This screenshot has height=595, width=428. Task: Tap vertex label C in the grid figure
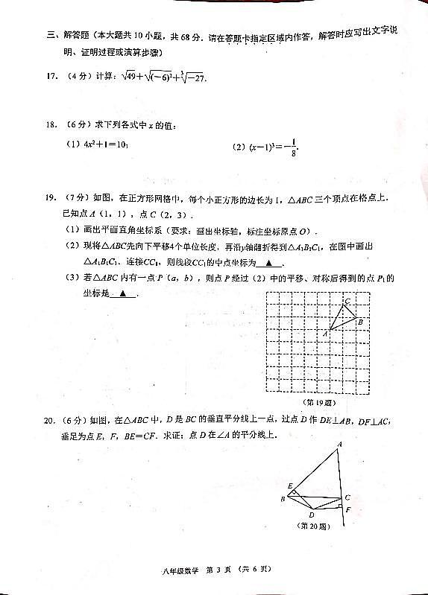[x=347, y=301]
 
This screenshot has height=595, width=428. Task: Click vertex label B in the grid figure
[x=359, y=321]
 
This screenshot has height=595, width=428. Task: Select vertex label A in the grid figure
[x=325, y=334]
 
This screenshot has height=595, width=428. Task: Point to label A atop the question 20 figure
[x=339, y=444]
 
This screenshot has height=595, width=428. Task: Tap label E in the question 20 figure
[x=289, y=486]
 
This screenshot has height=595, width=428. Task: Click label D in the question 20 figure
[x=312, y=514]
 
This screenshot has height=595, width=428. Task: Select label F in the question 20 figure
[x=347, y=509]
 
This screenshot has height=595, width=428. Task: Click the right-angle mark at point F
[x=339, y=506]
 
